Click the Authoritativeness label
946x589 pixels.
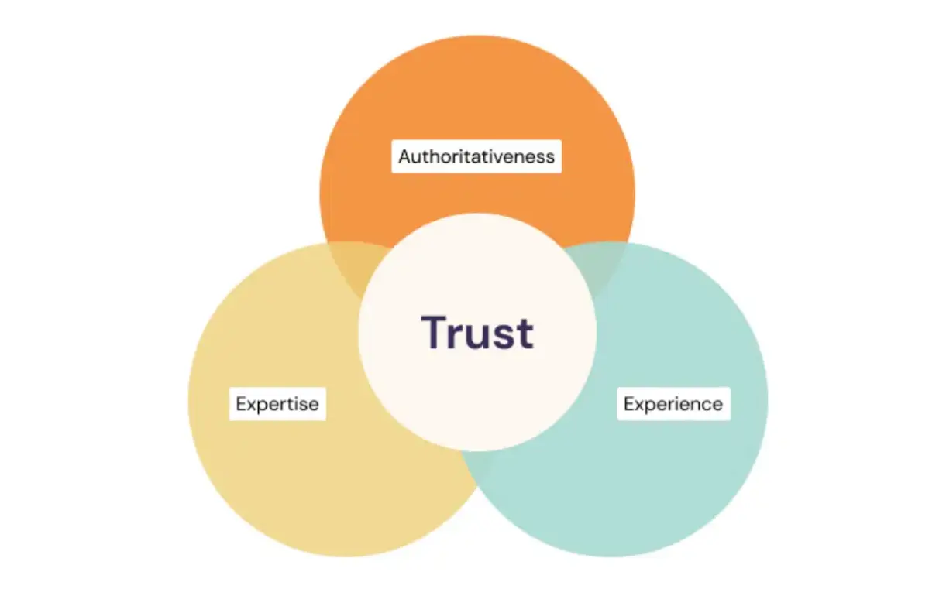tap(476, 156)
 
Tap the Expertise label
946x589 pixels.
tap(277, 403)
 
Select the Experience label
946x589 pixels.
tap(673, 403)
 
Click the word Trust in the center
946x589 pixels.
tap(477, 332)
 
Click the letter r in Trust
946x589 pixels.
tap(462, 336)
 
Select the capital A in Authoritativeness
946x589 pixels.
tap(404, 156)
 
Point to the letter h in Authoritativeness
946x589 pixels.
tap(431, 156)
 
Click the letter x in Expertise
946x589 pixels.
tap(251, 405)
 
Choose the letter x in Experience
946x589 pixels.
tap(639, 405)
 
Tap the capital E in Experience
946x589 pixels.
tap(629, 403)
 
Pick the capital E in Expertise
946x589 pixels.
tap(241, 403)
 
